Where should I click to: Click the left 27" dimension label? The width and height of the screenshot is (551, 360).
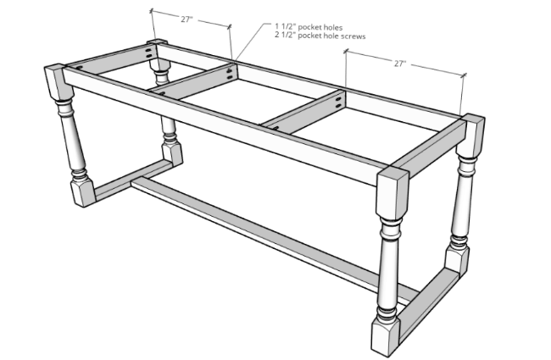click(187, 19)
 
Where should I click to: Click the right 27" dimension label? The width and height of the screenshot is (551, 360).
click(400, 64)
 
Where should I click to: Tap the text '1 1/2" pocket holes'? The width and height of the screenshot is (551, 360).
click(309, 27)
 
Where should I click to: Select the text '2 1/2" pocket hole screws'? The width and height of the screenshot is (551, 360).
click(320, 36)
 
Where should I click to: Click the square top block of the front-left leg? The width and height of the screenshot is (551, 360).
click(58, 82)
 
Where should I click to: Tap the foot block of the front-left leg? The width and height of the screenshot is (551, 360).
click(83, 191)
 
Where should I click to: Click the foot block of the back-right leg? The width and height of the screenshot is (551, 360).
click(457, 260)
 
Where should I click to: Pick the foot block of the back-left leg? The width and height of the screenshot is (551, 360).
click(172, 153)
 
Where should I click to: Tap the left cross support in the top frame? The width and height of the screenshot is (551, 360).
click(194, 81)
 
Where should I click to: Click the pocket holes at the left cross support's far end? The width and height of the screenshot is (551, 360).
click(230, 74)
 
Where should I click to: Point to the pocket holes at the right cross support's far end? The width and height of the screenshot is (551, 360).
click(339, 102)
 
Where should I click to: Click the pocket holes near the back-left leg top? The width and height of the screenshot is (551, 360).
click(150, 53)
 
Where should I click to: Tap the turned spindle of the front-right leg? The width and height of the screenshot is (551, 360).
click(388, 267)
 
